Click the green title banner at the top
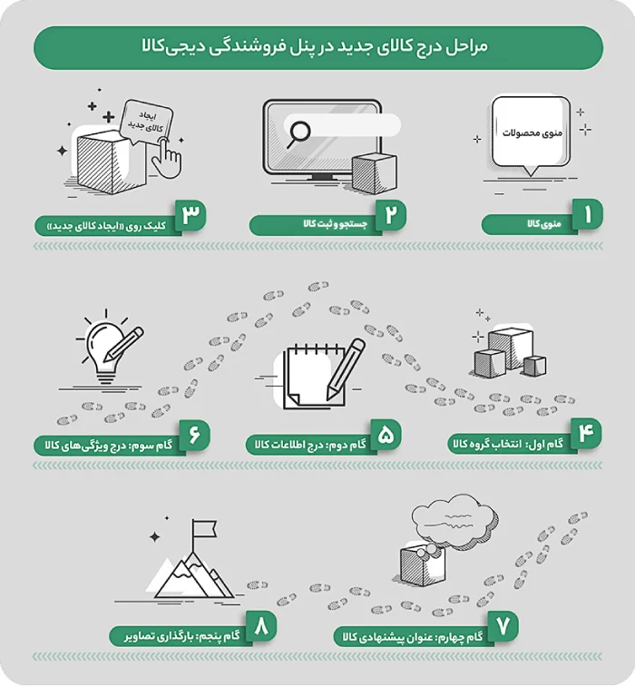[317, 47]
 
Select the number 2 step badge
[390, 216]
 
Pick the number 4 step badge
[585, 434]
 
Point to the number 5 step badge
[385, 434]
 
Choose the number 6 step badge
[193, 434]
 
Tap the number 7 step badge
[502, 626]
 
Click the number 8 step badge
[262, 626]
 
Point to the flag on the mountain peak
[204, 528]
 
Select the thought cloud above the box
[454, 522]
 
